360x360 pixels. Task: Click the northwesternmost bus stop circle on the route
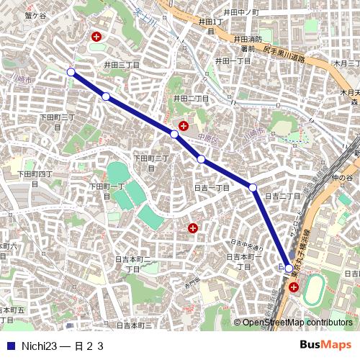71,72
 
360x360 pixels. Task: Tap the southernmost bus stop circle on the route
289,269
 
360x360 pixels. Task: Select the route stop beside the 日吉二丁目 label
253,188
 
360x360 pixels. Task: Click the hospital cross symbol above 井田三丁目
96,36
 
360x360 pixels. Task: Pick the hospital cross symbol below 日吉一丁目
193,228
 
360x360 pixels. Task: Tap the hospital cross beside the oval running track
294,287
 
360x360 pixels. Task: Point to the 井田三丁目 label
121,64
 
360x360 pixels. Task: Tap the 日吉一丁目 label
212,188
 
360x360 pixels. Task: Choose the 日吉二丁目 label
282,196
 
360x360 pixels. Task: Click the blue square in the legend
10,346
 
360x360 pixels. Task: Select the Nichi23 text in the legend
39,346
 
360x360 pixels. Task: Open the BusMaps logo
325,345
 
